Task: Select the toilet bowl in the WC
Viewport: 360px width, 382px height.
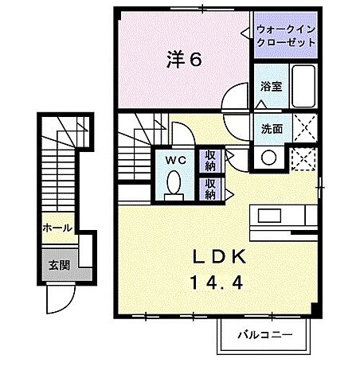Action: click(174, 185)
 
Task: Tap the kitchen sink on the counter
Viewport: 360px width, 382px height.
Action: click(268, 216)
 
